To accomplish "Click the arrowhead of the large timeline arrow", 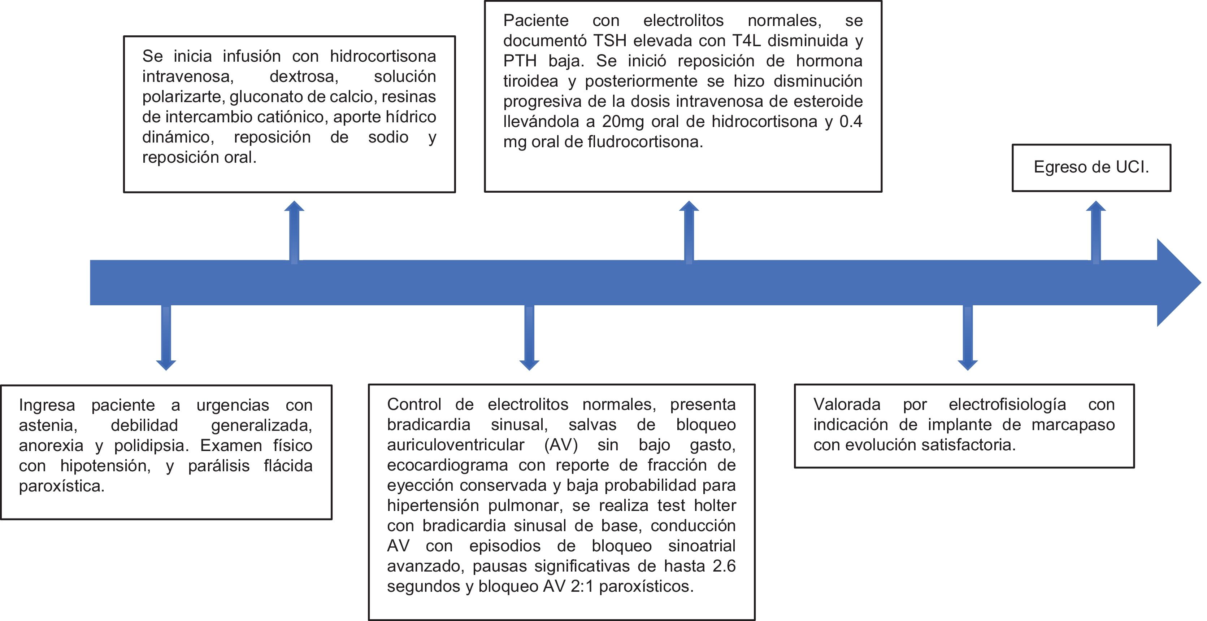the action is pyautogui.click(x=1176, y=283).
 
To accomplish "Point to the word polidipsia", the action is pyautogui.click(x=151, y=445).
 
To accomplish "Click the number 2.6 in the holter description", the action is pyautogui.click(x=724, y=566).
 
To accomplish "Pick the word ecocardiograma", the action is pyautogui.click(x=447, y=465).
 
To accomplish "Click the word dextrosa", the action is pyautogui.click(x=304, y=76).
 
